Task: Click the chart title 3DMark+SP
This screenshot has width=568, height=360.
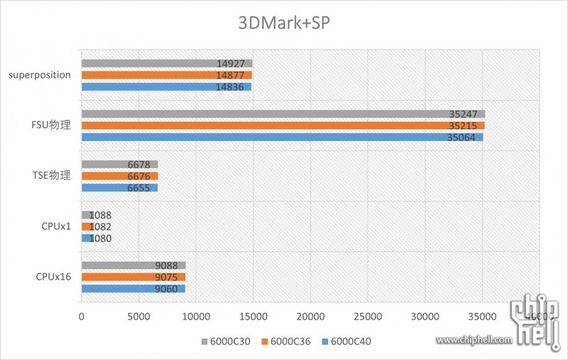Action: point(283,23)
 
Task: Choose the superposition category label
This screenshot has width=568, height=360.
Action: point(40,75)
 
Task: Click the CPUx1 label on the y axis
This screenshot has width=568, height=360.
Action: point(56,227)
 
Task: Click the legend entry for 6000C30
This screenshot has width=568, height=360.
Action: point(225,342)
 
